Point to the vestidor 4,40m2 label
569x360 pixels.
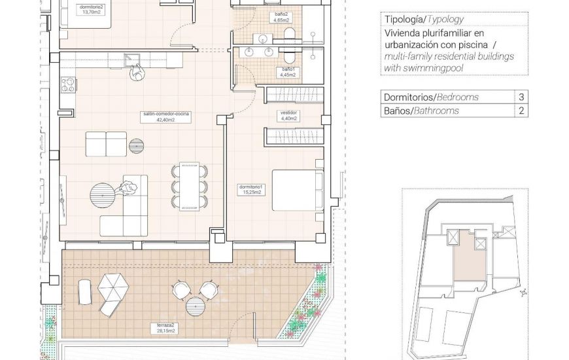(288, 116)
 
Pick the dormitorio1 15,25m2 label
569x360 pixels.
(250, 190)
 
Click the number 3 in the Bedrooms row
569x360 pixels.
(521, 97)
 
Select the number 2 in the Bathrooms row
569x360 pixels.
(521, 111)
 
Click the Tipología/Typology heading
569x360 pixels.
(417, 20)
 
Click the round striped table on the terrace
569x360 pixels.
(196, 306)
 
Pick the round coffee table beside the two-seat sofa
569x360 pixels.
(136, 144)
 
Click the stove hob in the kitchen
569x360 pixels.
(67, 83)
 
